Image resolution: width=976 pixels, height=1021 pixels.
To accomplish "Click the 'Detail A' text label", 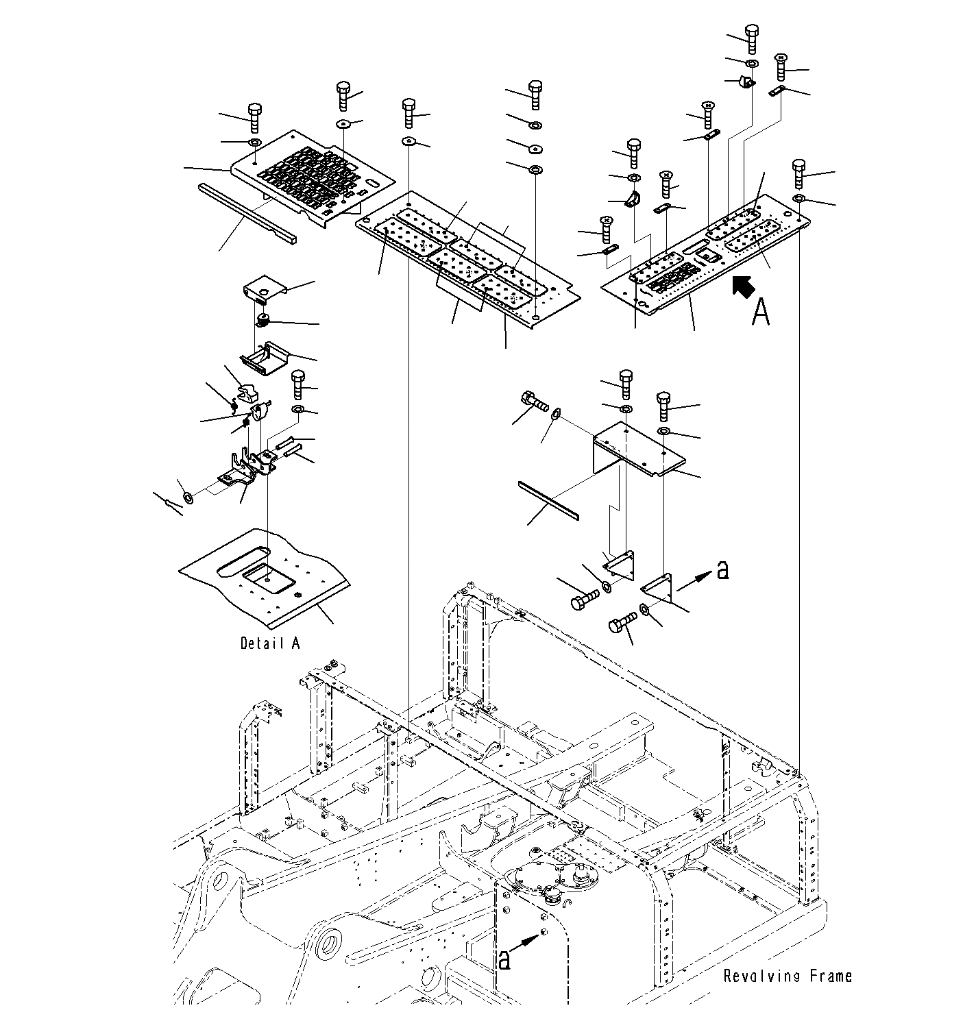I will click(x=270, y=643).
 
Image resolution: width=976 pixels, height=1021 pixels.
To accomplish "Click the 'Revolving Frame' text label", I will click(x=788, y=976).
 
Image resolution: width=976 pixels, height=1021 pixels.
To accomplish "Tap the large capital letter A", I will click(x=761, y=312).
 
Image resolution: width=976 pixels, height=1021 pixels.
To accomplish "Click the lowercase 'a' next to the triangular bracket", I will click(x=722, y=569).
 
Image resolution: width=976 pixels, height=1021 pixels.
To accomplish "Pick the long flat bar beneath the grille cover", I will click(x=247, y=212).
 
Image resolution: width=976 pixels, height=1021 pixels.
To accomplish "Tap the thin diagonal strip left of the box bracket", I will click(x=548, y=500).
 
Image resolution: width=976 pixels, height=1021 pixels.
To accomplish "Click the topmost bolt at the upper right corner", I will click(x=751, y=39).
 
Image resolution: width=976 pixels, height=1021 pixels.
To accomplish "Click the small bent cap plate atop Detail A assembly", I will click(x=264, y=288).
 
